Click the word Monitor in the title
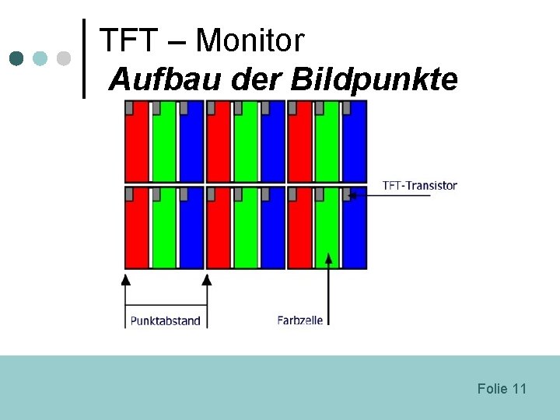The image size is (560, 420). click(250, 40)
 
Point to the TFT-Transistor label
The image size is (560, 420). click(419, 186)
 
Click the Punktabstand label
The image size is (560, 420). click(165, 320)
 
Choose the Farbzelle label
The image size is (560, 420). click(299, 320)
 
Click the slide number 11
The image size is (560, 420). click(520, 388)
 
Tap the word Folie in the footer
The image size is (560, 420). click(492, 388)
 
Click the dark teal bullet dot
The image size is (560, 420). click(17, 58)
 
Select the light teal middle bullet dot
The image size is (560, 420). click(40, 58)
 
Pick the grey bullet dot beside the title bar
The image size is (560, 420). click(64, 58)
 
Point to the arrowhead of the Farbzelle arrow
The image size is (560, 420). click(329, 257)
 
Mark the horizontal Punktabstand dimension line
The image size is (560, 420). click(165, 304)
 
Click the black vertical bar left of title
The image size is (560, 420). click(84, 58)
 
